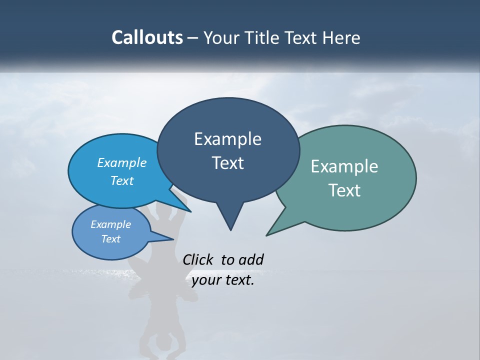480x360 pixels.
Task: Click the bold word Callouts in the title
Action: click(x=147, y=37)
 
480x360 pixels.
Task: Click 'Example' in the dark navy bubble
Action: click(x=227, y=139)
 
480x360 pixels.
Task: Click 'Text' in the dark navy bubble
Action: click(x=227, y=163)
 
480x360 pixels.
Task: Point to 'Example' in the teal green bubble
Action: click(x=344, y=166)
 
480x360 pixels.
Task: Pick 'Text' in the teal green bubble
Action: click(x=344, y=190)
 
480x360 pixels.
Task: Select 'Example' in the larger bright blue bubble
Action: click(x=122, y=162)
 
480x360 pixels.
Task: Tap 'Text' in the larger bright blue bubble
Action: click(x=122, y=180)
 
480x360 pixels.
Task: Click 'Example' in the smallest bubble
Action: click(x=110, y=224)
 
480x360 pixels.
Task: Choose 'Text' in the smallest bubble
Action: click(x=110, y=239)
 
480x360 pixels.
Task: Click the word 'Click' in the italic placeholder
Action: click(x=198, y=259)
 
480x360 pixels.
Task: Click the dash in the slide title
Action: click(x=193, y=38)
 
